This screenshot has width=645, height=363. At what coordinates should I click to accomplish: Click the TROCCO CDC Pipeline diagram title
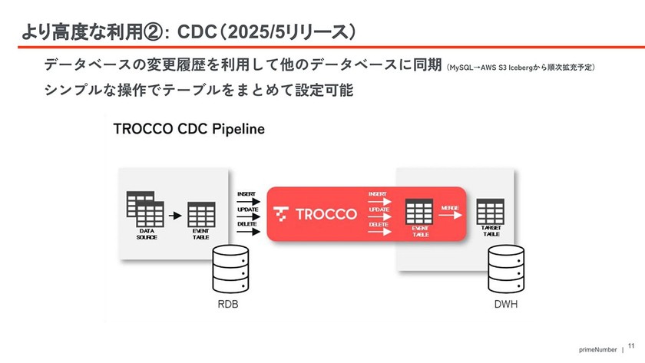click(189, 129)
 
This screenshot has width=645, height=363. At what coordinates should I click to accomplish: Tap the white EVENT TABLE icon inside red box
click(419, 211)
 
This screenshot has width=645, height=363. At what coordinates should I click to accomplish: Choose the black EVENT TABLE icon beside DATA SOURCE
click(201, 213)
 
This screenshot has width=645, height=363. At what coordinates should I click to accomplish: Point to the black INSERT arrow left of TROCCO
click(250, 202)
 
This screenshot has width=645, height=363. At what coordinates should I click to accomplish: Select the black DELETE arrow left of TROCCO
click(250, 231)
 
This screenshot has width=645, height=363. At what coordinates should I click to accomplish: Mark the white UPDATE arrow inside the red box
click(380, 216)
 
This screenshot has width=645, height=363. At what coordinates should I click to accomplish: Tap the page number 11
click(632, 347)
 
